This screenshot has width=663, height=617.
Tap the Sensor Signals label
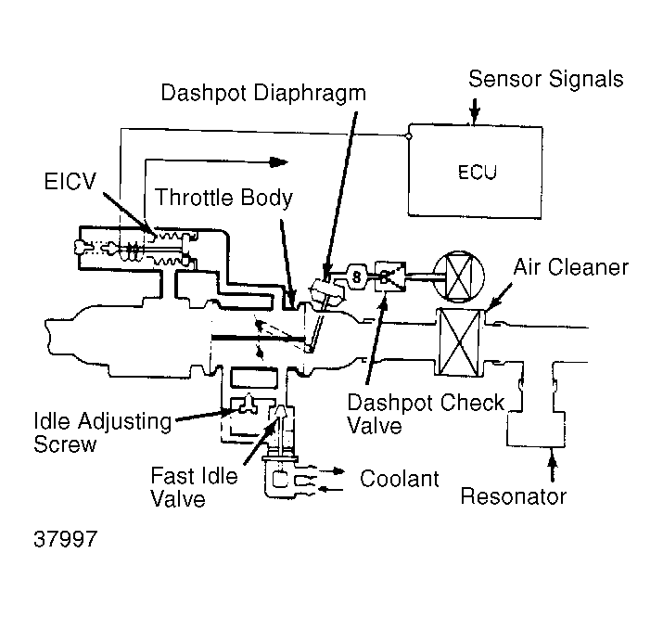546,79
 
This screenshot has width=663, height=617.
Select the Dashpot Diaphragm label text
263,93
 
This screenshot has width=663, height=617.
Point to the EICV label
70,181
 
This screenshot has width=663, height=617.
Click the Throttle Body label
223,198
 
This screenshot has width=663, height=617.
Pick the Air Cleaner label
571,267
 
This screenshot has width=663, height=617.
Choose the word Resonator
514,496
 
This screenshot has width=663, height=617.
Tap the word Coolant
399,479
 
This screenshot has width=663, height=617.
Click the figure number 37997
66,539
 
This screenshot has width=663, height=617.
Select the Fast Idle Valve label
194,487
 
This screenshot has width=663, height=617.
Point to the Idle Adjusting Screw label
103,432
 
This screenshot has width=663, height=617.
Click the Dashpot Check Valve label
426,414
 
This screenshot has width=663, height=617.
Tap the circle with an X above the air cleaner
459,277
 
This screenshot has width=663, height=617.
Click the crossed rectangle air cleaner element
460,342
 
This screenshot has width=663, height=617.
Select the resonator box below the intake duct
536,429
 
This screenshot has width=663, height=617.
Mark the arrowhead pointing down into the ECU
475,114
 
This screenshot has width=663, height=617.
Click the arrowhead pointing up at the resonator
552,456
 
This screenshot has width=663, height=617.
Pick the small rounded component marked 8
357,276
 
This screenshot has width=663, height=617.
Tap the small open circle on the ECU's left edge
408,136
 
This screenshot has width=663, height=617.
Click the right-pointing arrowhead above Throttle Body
278,162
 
